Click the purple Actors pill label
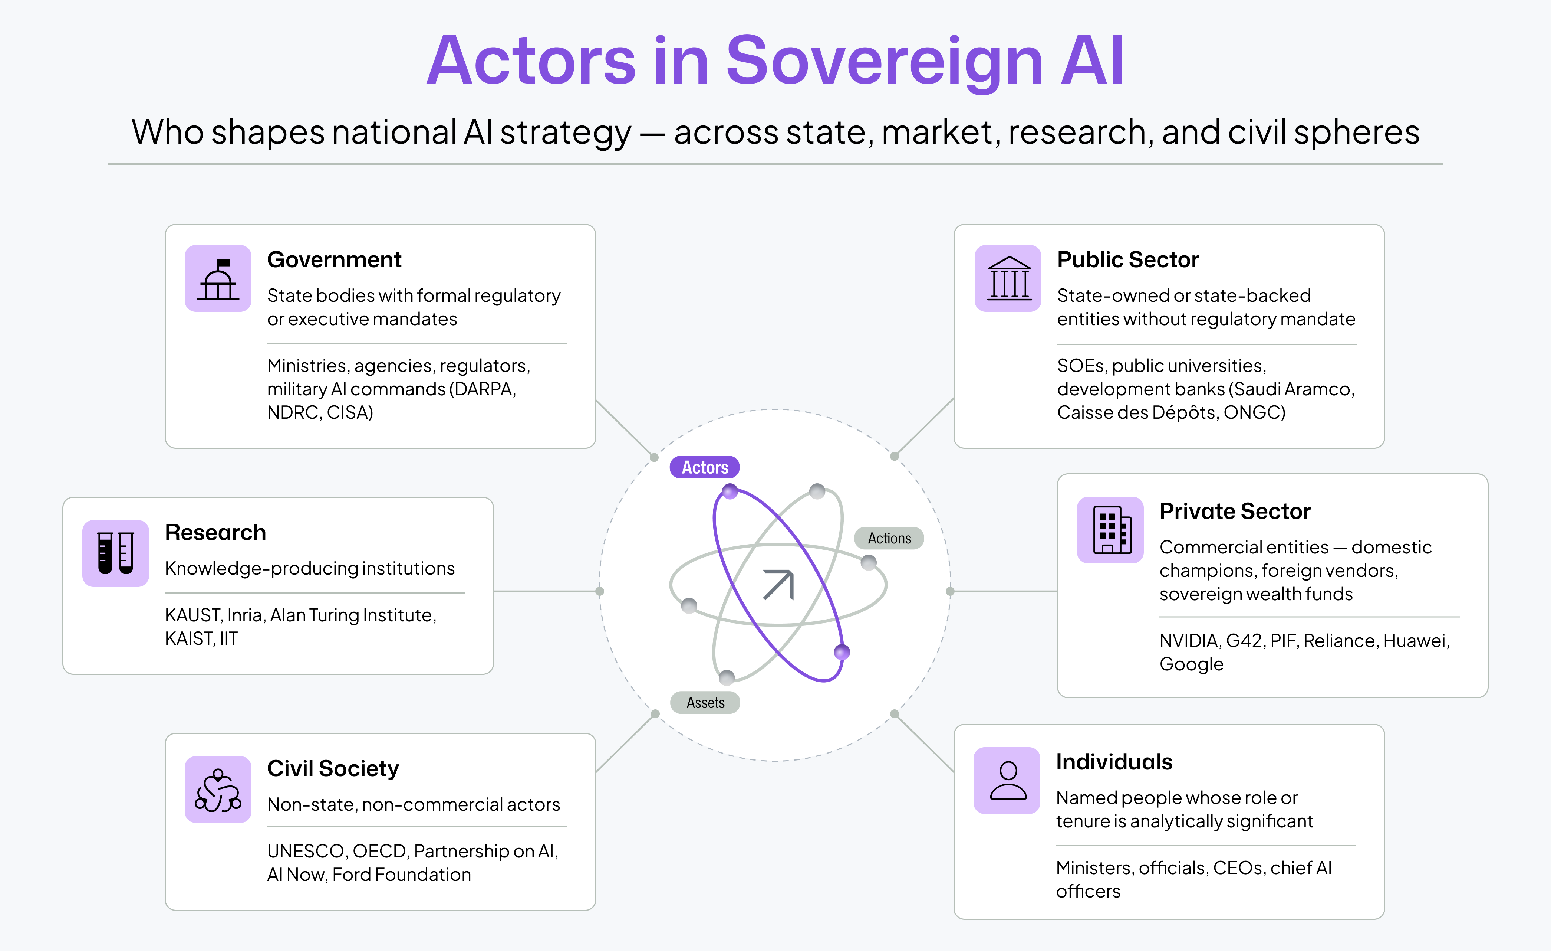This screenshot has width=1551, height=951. click(704, 467)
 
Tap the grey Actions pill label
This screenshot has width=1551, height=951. click(889, 539)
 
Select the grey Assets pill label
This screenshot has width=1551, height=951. click(705, 703)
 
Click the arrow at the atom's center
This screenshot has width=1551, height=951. click(778, 585)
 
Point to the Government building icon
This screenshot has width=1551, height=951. click(218, 278)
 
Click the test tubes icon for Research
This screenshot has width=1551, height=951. click(116, 553)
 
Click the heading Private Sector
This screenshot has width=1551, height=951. click(1235, 512)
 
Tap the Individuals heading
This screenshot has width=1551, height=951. click(1114, 762)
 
